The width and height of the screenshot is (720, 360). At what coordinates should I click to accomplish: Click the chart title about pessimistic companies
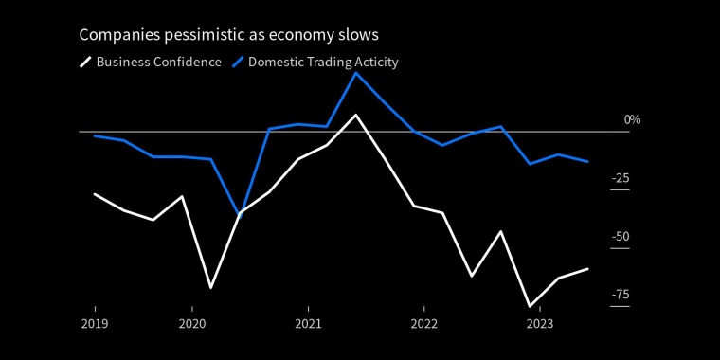[x=228, y=35]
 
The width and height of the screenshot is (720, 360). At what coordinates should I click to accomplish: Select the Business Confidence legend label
[x=159, y=62]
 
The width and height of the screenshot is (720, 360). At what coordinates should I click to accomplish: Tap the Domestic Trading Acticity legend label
[x=323, y=62]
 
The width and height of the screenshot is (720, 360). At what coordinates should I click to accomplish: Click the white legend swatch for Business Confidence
[x=85, y=62]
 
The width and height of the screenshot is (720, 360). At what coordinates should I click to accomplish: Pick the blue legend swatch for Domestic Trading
[x=238, y=62]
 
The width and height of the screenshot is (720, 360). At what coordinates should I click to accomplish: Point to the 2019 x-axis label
[x=95, y=324]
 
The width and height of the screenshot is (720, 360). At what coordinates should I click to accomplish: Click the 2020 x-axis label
[x=192, y=324]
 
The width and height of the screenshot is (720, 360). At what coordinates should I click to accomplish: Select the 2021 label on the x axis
[x=308, y=324]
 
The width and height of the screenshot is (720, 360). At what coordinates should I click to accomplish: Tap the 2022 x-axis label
[x=424, y=324]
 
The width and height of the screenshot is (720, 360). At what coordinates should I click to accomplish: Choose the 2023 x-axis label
[x=540, y=324]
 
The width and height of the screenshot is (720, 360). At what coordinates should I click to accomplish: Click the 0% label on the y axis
[x=632, y=120]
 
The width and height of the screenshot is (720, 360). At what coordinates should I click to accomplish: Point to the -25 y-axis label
[x=621, y=178]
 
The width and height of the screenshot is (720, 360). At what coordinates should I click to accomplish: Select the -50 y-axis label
[x=621, y=237]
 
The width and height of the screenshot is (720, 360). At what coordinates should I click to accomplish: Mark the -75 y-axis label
[x=621, y=295]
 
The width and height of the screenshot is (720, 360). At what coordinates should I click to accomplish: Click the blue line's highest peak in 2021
[x=355, y=73]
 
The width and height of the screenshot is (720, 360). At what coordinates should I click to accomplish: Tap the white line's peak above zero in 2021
[x=355, y=115]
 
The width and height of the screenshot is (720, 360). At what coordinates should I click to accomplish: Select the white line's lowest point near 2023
[x=530, y=306]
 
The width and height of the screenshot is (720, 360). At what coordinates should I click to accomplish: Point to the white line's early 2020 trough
[x=210, y=288]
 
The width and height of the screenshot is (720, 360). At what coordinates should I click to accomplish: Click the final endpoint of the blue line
[x=587, y=162]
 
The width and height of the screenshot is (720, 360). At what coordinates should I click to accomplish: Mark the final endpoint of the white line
[x=587, y=269]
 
